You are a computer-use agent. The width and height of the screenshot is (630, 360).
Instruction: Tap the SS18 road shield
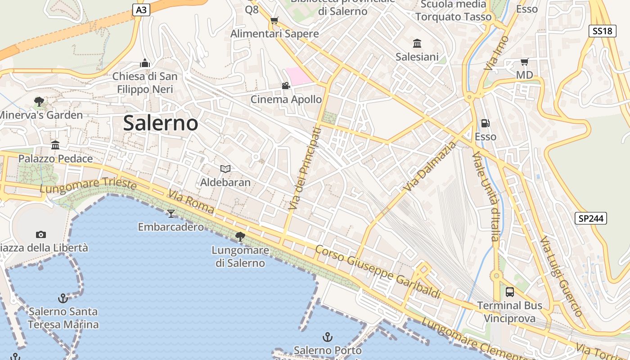coord(602,31)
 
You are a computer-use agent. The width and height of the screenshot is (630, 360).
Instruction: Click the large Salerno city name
coord(160,123)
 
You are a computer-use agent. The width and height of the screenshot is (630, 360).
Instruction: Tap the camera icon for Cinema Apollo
coord(286,85)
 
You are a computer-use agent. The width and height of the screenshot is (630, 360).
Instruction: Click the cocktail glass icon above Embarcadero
coord(171,213)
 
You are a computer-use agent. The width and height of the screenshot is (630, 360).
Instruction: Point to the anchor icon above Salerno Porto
coord(328,337)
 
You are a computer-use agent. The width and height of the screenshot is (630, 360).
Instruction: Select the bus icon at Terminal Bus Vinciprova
coord(510,292)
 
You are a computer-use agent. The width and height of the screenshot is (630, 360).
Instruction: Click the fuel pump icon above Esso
coord(486,123)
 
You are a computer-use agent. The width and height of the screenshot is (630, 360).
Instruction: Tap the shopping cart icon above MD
coord(524,62)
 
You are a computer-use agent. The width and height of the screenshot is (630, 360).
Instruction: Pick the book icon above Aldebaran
coord(225,169)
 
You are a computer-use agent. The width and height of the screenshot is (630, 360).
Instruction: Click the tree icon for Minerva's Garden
coord(39,101)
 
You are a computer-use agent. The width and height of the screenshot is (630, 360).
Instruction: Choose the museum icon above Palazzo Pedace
coord(55,145)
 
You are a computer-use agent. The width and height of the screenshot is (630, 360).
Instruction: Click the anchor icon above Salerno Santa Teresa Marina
coord(63,298)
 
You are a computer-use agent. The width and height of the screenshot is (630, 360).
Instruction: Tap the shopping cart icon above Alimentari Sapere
coord(274,20)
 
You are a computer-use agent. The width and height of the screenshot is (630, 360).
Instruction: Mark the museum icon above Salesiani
coord(417,43)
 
